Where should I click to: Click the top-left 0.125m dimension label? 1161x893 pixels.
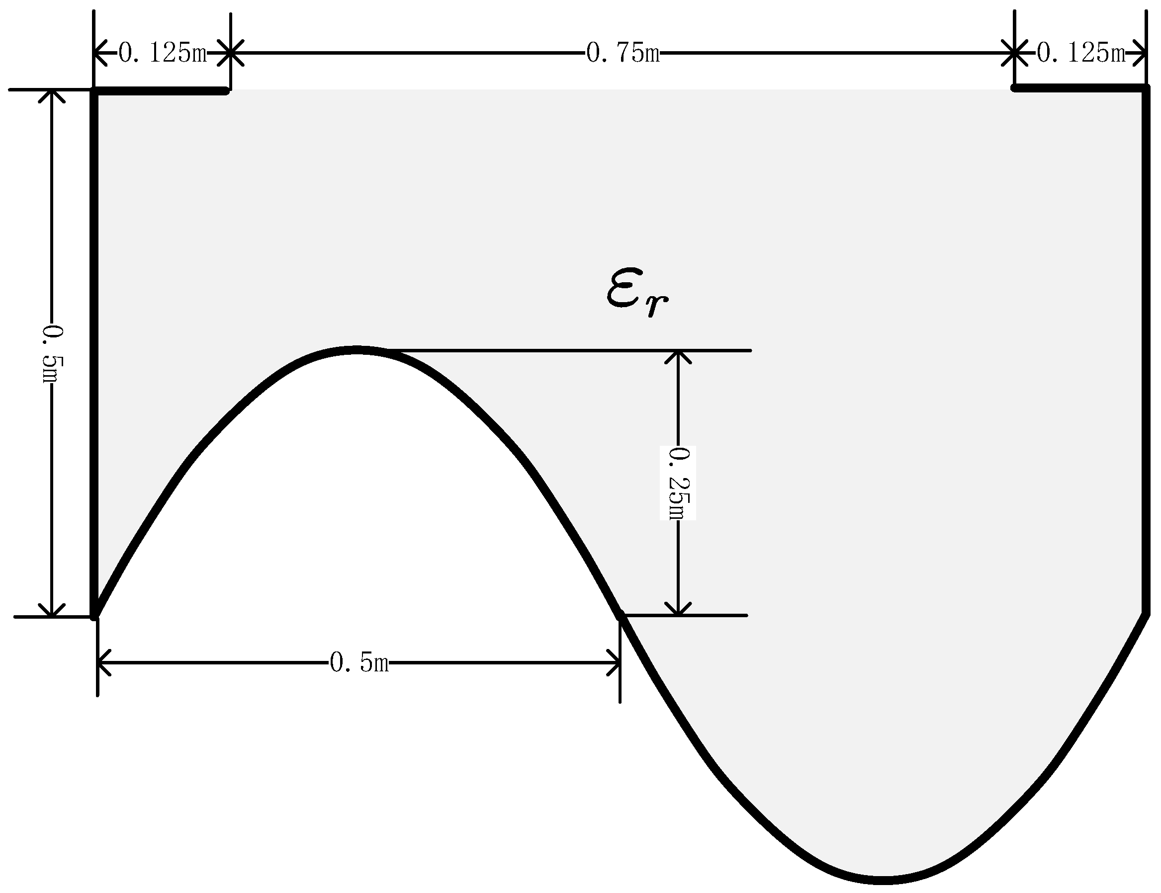(x=162, y=53)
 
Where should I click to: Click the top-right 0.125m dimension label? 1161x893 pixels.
(x=1081, y=53)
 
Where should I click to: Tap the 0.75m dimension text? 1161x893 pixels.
(x=623, y=53)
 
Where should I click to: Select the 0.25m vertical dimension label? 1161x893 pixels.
(x=678, y=483)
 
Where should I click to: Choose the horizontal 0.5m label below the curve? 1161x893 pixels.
(x=359, y=662)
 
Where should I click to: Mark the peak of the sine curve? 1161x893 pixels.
(x=355, y=350)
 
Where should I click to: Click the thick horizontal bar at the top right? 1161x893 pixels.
(x=1079, y=89)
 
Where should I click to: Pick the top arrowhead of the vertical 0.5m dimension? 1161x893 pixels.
(x=52, y=94)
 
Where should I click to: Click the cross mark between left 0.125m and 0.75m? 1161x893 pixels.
(x=230, y=53)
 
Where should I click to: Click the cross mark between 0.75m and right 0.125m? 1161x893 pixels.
(x=1015, y=53)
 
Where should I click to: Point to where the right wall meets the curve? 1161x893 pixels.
(x=1146, y=615)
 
